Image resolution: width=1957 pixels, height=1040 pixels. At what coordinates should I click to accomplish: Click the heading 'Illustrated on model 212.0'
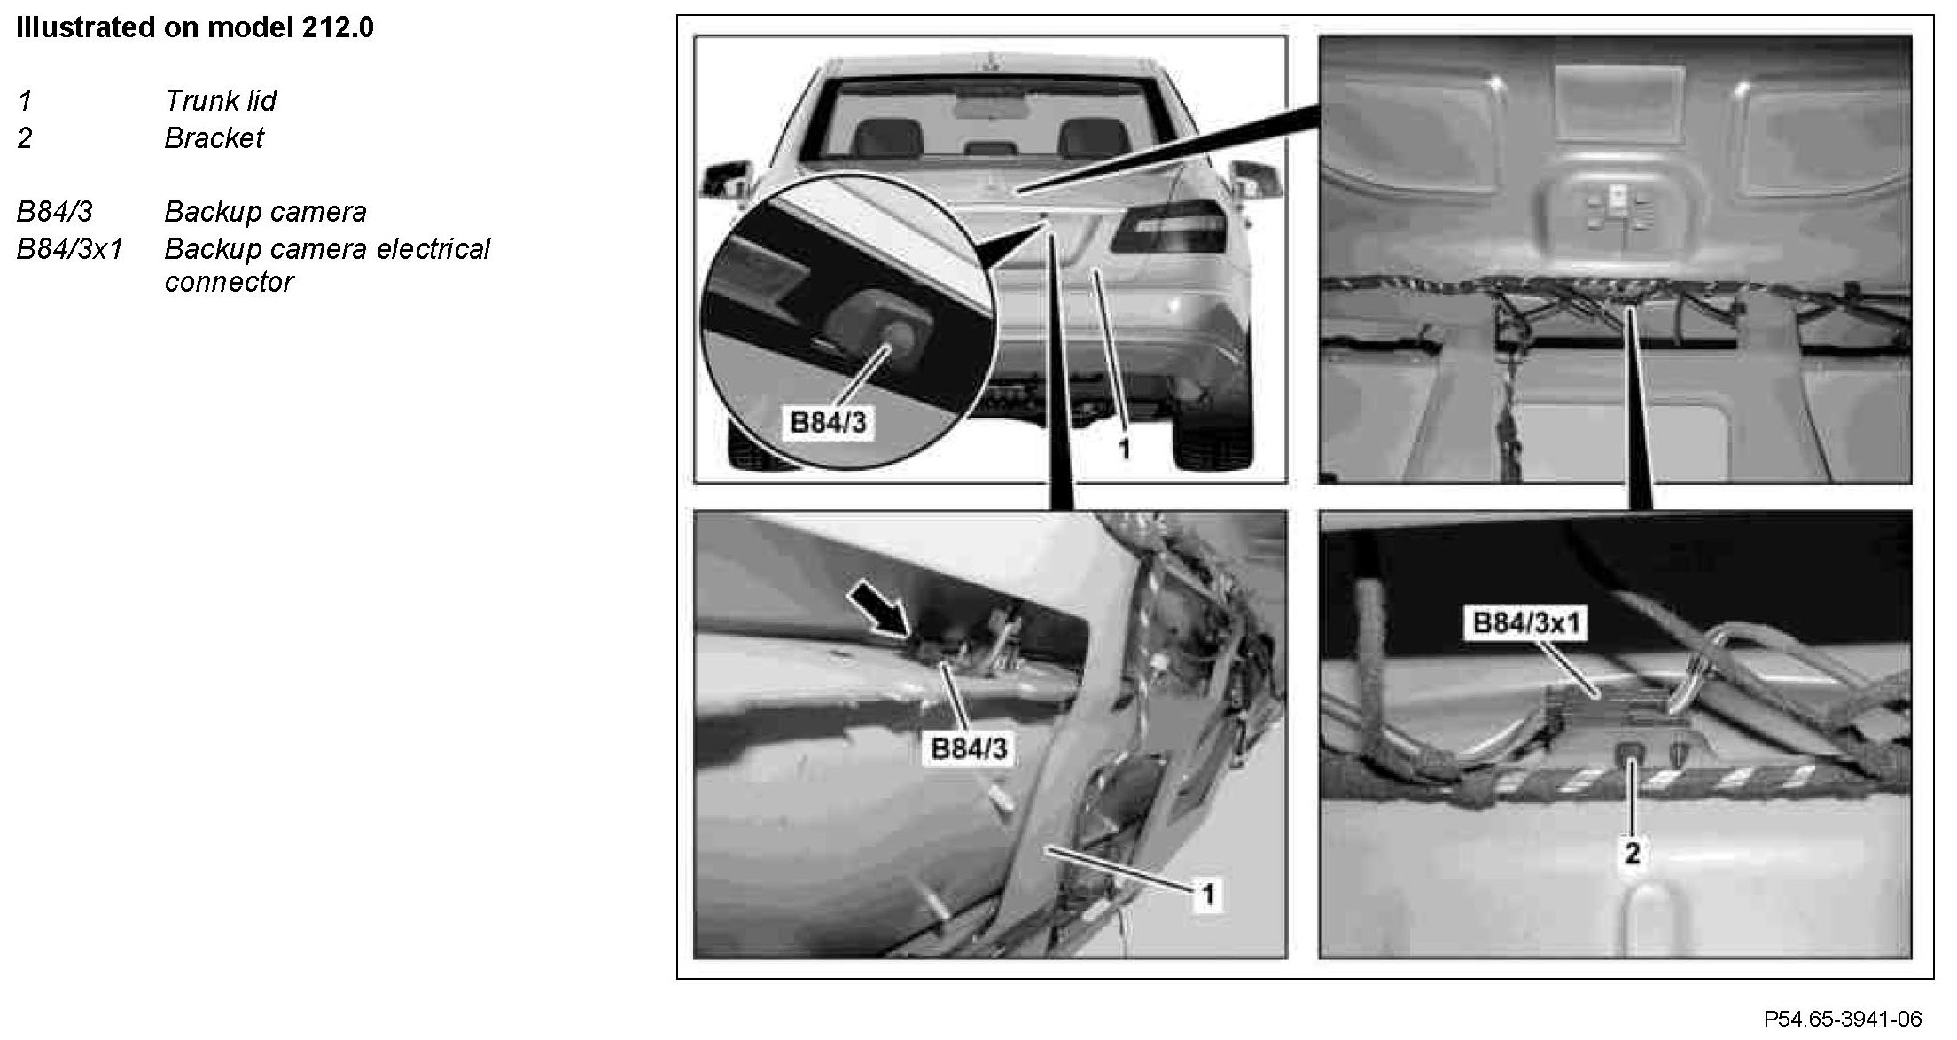click(x=195, y=27)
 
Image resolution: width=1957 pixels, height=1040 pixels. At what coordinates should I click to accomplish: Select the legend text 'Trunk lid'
click(x=220, y=101)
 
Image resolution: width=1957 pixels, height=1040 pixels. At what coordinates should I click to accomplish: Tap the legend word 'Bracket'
click(x=214, y=138)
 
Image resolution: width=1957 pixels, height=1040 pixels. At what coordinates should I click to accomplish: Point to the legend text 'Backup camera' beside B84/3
click(x=265, y=212)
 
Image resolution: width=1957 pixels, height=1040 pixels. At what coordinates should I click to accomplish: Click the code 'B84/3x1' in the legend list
click(x=69, y=249)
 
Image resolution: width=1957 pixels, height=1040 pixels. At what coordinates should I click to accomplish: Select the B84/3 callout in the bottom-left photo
click(x=969, y=748)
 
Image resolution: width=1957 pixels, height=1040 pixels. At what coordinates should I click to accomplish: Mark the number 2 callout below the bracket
click(x=1632, y=853)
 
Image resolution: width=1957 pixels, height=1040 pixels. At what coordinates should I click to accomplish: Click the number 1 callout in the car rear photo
click(x=1123, y=450)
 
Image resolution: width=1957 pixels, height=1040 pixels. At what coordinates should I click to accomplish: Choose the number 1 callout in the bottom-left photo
click(x=1207, y=894)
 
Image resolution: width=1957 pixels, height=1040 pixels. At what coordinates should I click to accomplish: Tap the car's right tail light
click(x=1169, y=227)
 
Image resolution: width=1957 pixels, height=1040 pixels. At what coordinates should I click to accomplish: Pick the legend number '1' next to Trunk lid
click(x=25, y=101)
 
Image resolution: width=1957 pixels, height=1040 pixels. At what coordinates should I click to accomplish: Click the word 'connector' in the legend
click(x=229, y=282)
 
